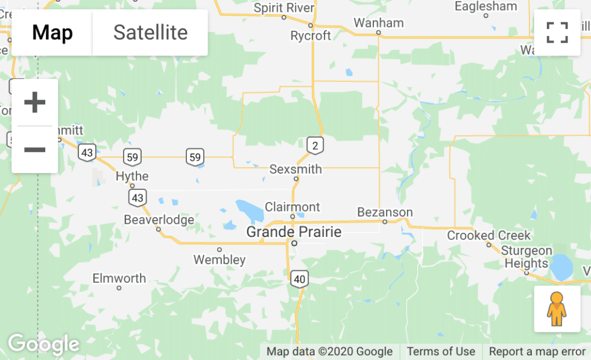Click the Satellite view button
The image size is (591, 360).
pyautogui.click(x=150, y=33)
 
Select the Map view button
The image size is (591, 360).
pyautogui.click(x=52, y=33)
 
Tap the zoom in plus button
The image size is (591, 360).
pyautogui.click(x=35, y=103)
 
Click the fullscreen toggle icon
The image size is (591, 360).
pyautogui.click(x=557, y=33)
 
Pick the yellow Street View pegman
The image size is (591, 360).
pyautogui.click(x=557, y=309)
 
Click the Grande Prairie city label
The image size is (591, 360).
pyautogui.click(x=294, y=232)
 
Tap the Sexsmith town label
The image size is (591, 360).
pyautogui.click(x=295, y=169)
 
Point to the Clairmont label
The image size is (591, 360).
pyautogui.click(x=292, y=207)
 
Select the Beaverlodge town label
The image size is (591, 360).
pyautogui.click(x=159, y=219)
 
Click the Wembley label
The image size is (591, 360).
pyautogui.click(x=220, y=260)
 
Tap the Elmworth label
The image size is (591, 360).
pyautogui.click(x=119, y=278)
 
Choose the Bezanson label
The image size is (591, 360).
pyautogui.click(x=385, y=212)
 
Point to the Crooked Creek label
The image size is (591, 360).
pyautogui.click(x=488, y=235)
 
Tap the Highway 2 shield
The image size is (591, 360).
pyautogui.click(x=315, y=145)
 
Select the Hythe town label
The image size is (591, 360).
pyautogui.click(x=132, y=176)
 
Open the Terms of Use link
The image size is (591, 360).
pyautogui.click(x=441, y=352)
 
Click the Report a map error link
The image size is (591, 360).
pyautogui.click(x=537, y=352)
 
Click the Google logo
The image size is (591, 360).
pyautogui.click(x=43, y=344)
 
